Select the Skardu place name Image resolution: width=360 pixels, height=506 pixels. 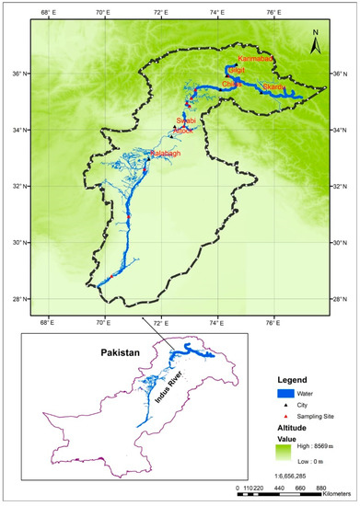(x=273, y=87)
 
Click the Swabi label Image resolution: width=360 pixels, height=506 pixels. (x=186, y=121)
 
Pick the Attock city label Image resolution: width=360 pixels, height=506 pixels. (x=185, y=131)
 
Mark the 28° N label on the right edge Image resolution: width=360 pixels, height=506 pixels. (x=339, y=299)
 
